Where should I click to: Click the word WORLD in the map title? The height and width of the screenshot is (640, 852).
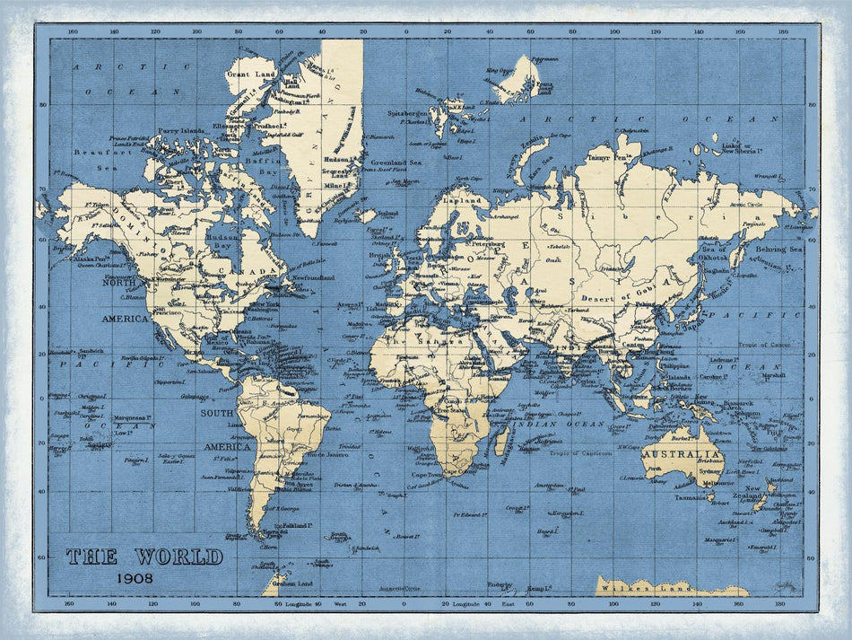tap(178, 557)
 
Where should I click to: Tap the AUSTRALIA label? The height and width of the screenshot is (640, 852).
tap(682, 455)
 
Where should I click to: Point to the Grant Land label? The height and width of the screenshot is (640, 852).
tap(245, 75)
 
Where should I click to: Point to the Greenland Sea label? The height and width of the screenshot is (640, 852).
tap(396, 162)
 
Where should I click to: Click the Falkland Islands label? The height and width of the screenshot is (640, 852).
tap(296, 525)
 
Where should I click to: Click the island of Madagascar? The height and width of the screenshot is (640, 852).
tap(502, 441)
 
